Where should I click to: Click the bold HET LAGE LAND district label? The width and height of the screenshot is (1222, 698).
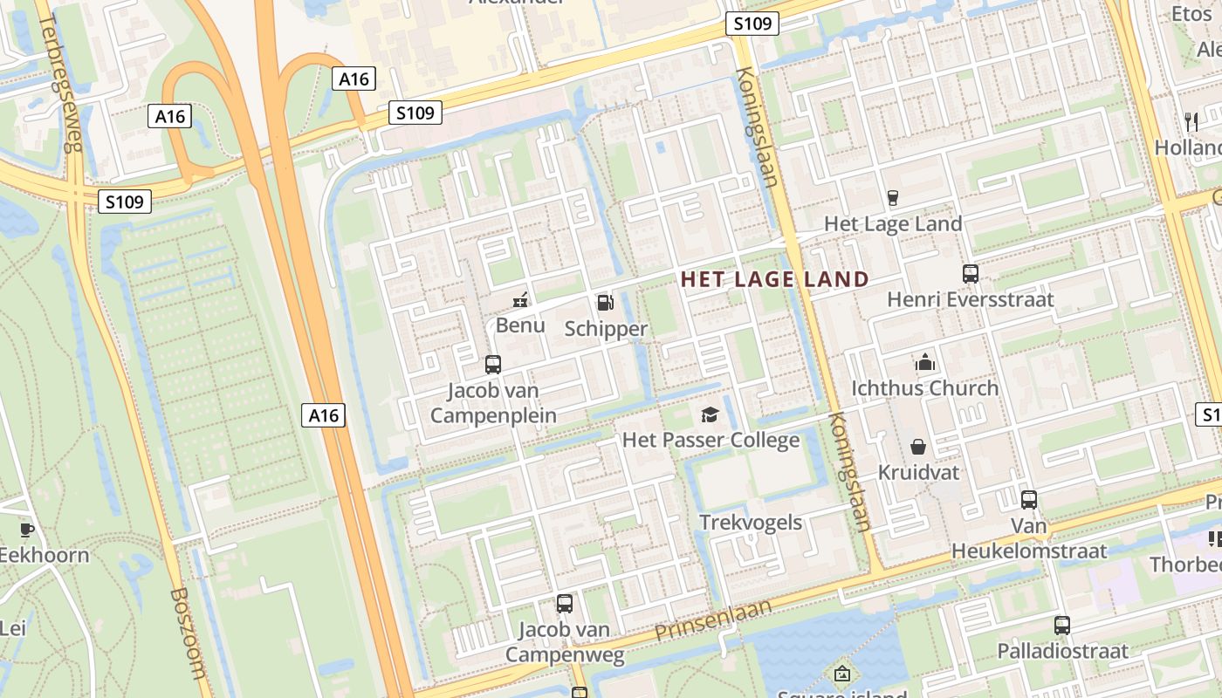coord(774,279)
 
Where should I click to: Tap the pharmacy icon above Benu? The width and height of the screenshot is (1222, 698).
coord(520,301)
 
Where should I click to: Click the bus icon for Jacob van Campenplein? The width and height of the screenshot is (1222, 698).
coord(493,364)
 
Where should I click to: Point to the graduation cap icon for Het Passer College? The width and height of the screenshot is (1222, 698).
coord(710,414)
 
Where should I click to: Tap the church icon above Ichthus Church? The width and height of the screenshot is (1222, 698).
coord(924,362)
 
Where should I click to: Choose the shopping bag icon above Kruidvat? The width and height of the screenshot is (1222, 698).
coord(918,447)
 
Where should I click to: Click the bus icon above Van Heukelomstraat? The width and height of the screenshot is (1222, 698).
coord(1029,500)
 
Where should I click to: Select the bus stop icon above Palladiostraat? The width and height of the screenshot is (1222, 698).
coord(1061,625)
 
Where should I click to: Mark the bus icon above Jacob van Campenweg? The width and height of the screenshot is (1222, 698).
coord(565,603)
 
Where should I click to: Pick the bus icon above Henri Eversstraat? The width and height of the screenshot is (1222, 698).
coord(970,274)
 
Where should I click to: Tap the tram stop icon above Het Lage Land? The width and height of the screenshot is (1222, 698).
coord(892,198)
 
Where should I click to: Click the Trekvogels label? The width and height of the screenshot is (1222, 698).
coord(751,522)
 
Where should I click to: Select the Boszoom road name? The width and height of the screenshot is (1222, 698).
coord(189,633)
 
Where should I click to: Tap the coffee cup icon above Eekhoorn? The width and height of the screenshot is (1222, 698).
coord(27,529)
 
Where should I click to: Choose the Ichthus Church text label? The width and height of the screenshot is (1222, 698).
coord(924,388)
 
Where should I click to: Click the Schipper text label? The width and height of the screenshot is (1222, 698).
coord(606,329)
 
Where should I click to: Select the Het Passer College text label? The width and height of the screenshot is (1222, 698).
coord(711,440)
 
